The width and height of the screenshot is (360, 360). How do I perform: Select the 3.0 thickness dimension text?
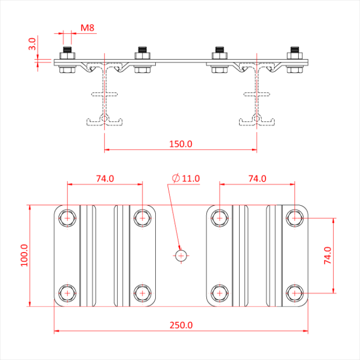tap(32, 44)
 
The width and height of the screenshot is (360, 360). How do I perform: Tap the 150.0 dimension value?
tap(181, 143)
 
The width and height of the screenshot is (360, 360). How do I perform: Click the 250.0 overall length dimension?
tap(181, 325)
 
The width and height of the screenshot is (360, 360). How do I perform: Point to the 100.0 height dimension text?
tap(24, 256)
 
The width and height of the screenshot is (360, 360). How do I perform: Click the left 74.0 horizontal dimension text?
tap(105, 178)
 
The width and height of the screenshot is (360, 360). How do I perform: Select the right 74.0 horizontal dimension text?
tap(257, 178)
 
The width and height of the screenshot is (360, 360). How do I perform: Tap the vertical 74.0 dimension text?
tap(328, 256)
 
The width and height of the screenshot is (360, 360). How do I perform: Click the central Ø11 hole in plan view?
tap(181, 255)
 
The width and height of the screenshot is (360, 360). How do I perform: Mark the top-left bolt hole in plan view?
tap(67, 218)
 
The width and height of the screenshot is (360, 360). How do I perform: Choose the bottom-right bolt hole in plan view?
tap(295, 293)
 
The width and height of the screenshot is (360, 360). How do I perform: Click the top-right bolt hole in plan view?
tap(295, 218)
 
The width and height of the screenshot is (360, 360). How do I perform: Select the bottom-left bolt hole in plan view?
tap(67, 293)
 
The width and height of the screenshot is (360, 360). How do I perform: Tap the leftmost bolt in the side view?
tap(67, 61)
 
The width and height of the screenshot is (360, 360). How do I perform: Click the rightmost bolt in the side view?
tap(294, 61)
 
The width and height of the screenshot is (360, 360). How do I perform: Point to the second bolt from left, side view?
tap(142, 61)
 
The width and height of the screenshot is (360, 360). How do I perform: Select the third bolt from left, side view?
tap(219, 61)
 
